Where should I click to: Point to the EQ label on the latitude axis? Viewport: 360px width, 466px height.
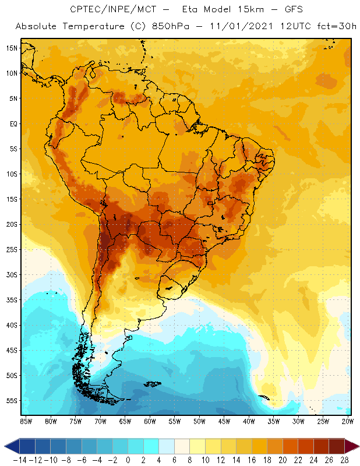coord(12,123)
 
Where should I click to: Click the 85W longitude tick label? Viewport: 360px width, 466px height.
coord(26,421)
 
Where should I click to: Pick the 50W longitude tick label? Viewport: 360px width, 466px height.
coord(200,421)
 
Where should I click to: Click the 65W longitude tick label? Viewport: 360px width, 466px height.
coord(125,421)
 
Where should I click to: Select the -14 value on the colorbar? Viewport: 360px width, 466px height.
coord(19,460)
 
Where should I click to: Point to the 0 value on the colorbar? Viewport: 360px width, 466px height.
coord(128,460)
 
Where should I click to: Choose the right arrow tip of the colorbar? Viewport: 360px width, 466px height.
coord(355,446)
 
